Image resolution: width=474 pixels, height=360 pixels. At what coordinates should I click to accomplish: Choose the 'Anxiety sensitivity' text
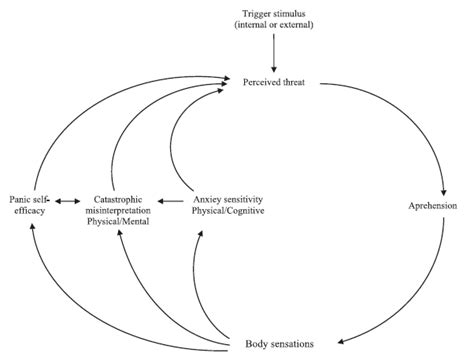(x=226, y=200)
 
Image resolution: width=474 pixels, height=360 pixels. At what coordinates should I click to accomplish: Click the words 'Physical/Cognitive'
(x=227, y=212)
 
